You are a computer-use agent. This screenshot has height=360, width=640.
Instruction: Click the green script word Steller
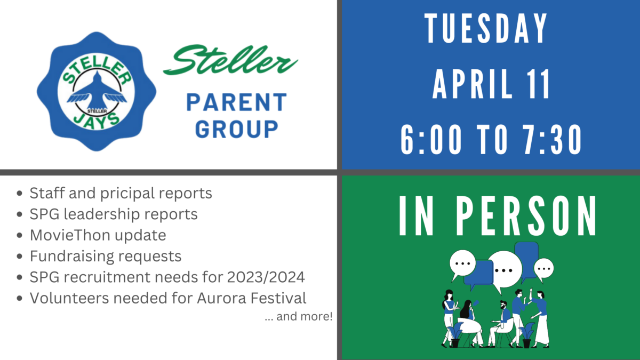click(x=230, y=59)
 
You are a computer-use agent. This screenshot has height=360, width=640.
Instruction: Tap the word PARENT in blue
click(x=237, y=102)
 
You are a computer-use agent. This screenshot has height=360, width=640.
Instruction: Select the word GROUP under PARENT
click(x=237, y=129)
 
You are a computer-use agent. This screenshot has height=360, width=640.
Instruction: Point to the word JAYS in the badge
click(x=97, y=121)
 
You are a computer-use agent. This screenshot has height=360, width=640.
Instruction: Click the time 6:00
click(x=431, y=140)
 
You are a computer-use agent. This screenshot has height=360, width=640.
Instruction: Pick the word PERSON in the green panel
click(x=526, y=215)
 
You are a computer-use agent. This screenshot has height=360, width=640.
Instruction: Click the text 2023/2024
click(x=266, y=277)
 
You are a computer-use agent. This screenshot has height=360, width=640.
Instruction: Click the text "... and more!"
click(x=299, y=317)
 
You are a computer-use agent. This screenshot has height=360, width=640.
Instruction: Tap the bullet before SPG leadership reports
click(x=19, y=214)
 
